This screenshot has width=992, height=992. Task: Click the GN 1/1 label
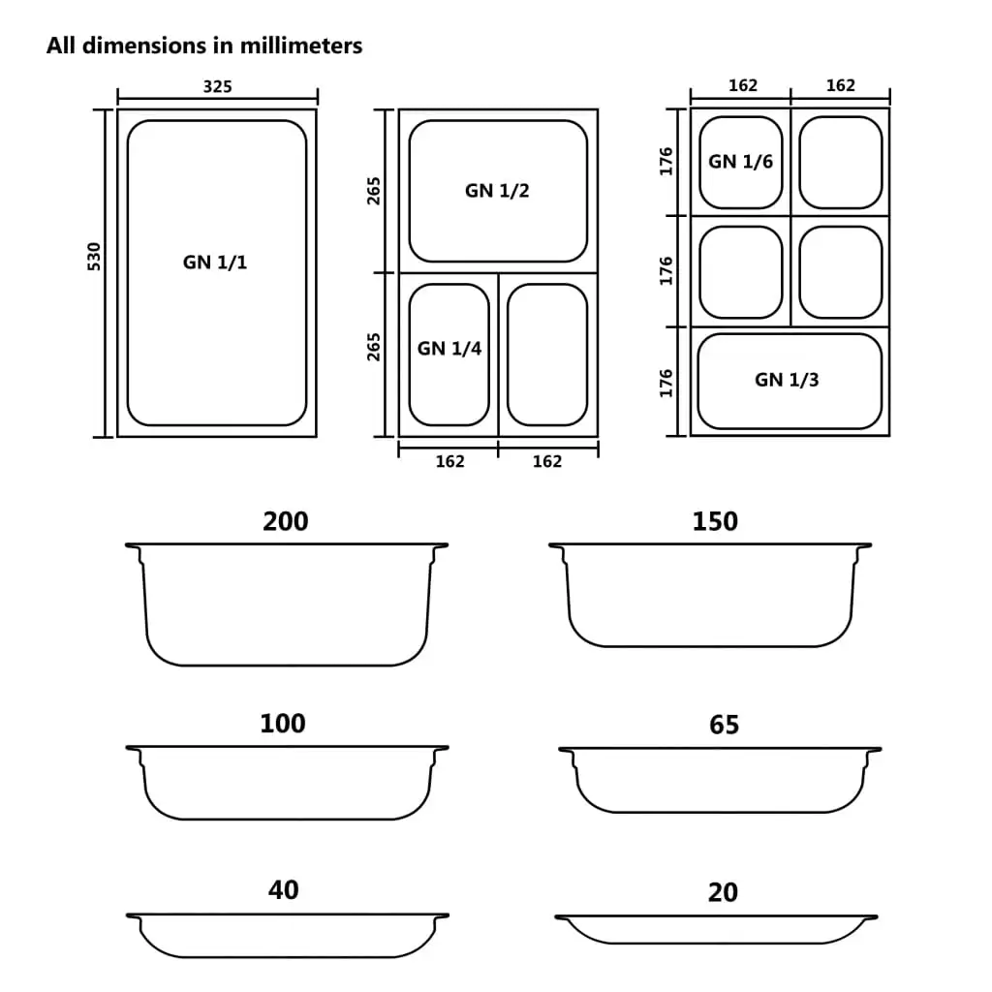click(x=215, y=262)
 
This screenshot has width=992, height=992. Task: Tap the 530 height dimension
click(x=94, y=256)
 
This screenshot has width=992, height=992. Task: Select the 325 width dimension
click(x=217, y=86)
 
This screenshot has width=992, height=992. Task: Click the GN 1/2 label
click(x=497, y=190)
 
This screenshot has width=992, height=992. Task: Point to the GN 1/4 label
click(x=449, y=348)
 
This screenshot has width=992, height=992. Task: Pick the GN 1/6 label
click(x=740, y=162)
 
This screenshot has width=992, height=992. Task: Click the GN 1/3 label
click(x=787, y=380)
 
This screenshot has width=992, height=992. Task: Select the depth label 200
click(x=286, y=521)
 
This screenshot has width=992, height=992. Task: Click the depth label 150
click(x=715, y=521)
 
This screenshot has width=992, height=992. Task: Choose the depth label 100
click(x=283, y=724)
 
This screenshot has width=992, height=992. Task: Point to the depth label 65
click(x=724, y=725)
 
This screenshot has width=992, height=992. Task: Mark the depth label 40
click(x=283, y=889)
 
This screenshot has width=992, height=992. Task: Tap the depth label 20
click(x=723, y=892)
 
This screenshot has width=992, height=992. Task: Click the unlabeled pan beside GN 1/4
click(x=547, y=355)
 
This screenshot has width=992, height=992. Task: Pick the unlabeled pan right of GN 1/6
click(x=840, y=162)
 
